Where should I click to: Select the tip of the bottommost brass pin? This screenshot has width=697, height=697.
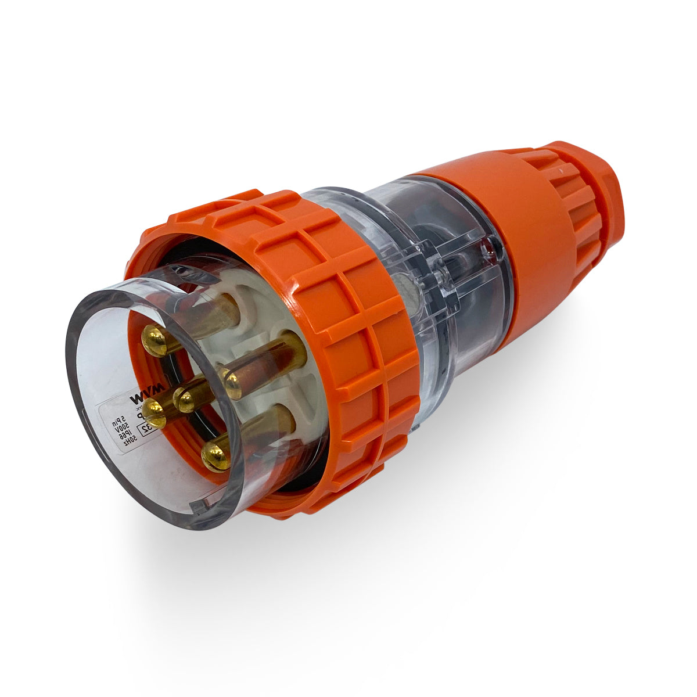pos(215,457)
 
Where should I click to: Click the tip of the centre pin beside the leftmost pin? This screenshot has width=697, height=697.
pos(186,400)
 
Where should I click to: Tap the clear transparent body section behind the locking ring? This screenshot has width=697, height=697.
pos(441,279)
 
